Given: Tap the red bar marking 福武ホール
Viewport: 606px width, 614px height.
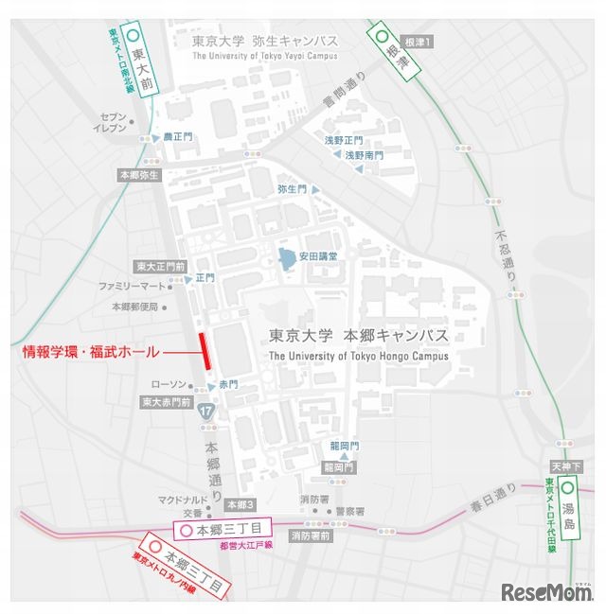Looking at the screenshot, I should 204,352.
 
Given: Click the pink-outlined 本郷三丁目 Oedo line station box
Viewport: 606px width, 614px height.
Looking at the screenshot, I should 223,532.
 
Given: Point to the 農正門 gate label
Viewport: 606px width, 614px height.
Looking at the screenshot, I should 177,137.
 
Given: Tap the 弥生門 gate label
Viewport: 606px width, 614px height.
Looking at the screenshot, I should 293,189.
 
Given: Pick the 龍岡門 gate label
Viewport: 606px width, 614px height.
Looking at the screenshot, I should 342,445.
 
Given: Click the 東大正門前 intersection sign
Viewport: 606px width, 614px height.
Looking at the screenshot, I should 160,266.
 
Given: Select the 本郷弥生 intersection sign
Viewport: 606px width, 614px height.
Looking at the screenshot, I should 140,175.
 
